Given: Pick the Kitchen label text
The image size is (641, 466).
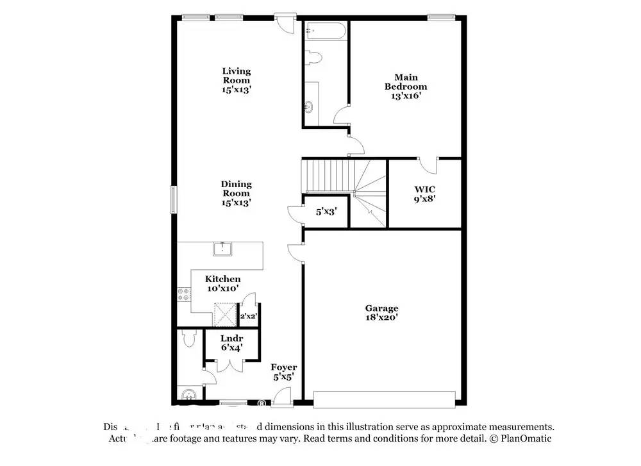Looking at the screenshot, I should [223, 279].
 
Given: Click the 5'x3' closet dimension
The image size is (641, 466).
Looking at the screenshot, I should [326, 211].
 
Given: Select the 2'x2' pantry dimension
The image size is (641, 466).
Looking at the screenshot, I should [247, 316].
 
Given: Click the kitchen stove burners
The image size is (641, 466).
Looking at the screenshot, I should [184, 294].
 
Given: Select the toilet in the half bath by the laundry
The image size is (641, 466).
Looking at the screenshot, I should [188, 338].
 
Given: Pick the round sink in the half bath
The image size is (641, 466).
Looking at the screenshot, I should [187, 394].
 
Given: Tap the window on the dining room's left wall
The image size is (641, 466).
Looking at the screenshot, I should [172, 199].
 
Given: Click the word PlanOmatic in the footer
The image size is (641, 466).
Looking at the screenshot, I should [525, 438].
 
